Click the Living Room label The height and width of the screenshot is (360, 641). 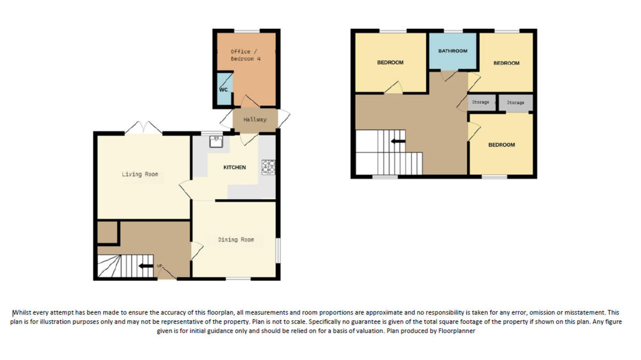click(x=139, y=174)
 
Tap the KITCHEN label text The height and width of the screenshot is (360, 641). click(x=234, y=168)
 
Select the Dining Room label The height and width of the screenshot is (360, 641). click(x=236, y=240)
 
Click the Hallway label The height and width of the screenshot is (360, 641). click(x=255, y=120)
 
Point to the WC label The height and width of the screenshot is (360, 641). click(x=223, y=90)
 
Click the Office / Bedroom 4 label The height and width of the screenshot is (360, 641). click(x=245, y=55)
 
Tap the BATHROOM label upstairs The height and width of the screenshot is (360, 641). click(x=452, y=51)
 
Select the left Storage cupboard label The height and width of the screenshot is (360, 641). click(x=480, y=102)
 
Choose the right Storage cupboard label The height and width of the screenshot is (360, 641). click(x=515, y=102)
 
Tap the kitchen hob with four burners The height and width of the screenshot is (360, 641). click(x=268, y=167)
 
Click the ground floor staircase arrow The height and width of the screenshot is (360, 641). click(x=145, y=265)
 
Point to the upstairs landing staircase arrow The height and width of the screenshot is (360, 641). click(x=397, y=142)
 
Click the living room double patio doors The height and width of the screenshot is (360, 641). click(x=144, y=128)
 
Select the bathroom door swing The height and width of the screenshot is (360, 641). click(x=449, y=76)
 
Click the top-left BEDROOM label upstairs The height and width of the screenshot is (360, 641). click(x=390, y=62)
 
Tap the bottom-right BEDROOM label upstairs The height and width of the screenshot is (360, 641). click(x=502, y=145)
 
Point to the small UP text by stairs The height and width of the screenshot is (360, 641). click(x=159, y=265)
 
